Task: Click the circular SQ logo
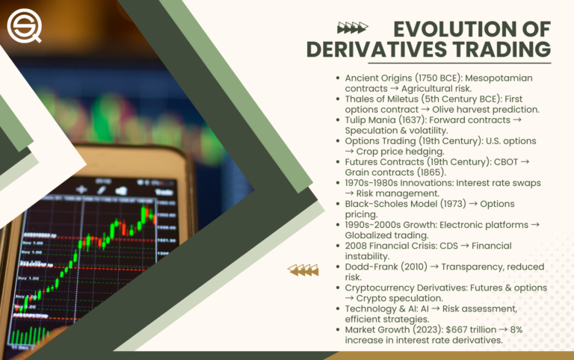coord(24,25)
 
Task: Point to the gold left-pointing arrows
coord(303,270)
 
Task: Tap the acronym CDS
coord(468,245)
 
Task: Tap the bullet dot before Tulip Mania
coord(338,120)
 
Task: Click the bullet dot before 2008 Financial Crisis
coord(338,245)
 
